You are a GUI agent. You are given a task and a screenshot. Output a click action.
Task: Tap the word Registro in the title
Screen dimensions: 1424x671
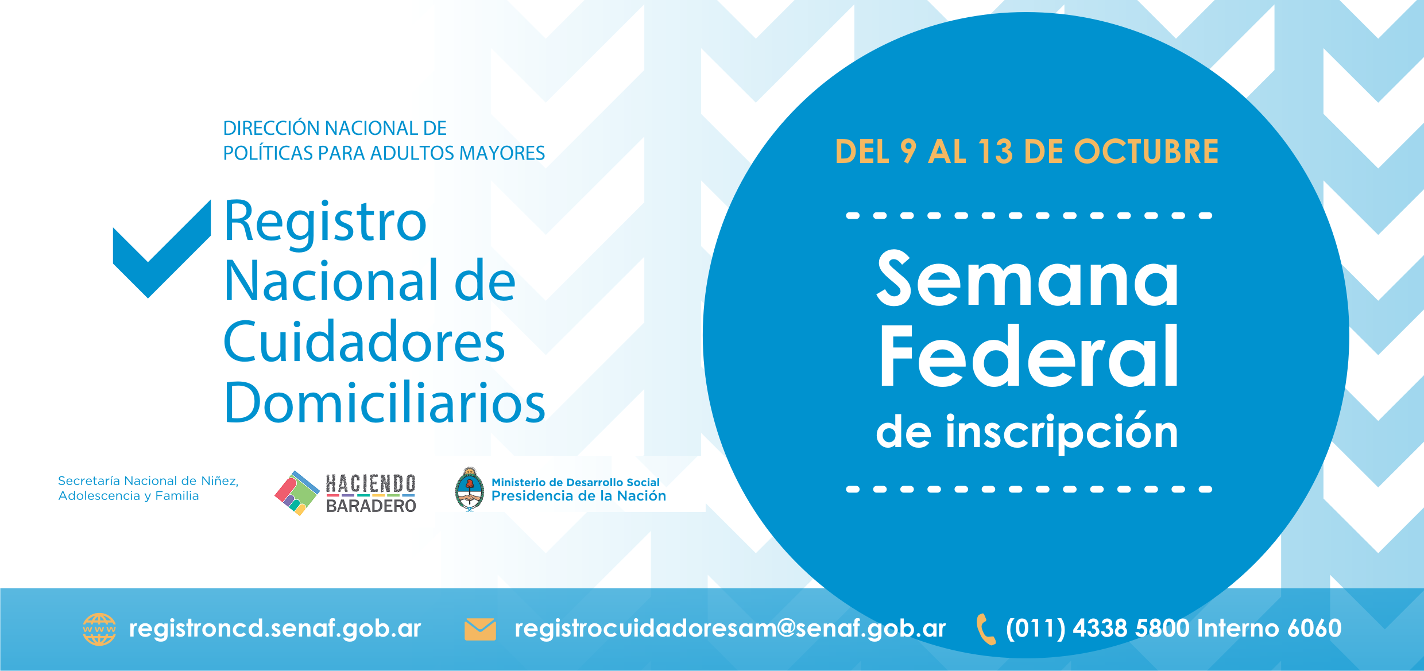325,223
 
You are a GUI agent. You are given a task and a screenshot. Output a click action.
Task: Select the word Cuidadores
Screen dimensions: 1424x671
365,342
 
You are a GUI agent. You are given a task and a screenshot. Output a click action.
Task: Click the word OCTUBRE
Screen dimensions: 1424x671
1146,152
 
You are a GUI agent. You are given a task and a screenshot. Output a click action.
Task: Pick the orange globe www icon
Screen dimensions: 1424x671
99,629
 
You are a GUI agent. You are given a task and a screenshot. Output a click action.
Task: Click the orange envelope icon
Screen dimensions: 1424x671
480,629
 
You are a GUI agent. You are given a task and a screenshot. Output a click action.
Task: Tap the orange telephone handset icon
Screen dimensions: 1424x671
985,629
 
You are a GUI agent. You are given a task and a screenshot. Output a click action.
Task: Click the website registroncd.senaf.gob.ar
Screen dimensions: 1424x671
275,629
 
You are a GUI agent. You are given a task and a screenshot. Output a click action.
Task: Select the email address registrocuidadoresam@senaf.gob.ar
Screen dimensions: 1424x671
730,629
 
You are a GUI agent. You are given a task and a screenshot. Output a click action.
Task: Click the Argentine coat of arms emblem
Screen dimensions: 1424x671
470,489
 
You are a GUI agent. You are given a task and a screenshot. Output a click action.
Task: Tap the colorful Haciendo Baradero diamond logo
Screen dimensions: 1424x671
297,493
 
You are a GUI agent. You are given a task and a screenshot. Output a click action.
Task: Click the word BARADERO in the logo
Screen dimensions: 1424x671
371,506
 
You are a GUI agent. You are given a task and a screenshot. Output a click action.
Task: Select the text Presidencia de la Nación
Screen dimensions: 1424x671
579,496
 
